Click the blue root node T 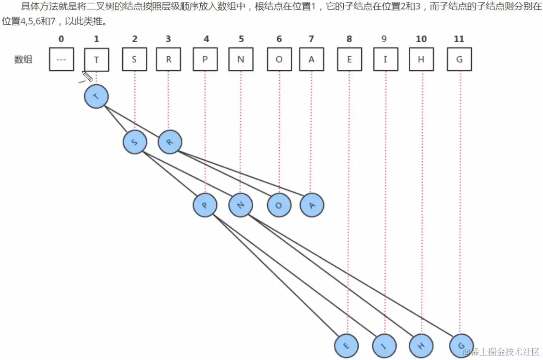[96, 97]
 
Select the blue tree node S [134, 142]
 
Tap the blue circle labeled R [169, 142]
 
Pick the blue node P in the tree [205, 205]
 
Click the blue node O [279, 205]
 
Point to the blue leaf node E [346, 346]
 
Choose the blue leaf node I [384, 346]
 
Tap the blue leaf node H [421, 346]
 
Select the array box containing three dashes [61, 60]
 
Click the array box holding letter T [96, 60]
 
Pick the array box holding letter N [241, 60]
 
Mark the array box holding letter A [311, 60]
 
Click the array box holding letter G [459, 60]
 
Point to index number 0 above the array [61, 39]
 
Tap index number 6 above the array [279, 39]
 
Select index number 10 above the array [421, 39]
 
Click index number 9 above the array [384, 39]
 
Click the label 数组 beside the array [23, 60]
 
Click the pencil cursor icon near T [87, 77]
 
